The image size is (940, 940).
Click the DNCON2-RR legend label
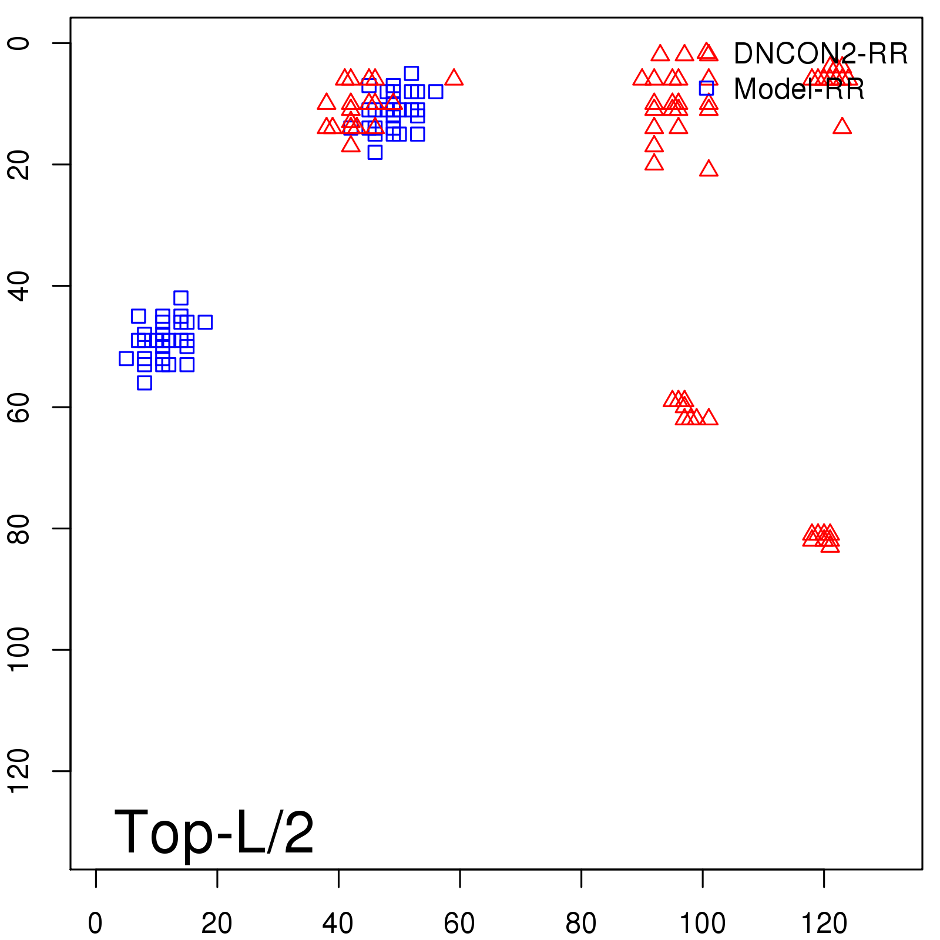[820, 54]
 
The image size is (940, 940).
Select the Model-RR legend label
[799, 89]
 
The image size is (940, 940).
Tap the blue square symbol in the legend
[706, 88]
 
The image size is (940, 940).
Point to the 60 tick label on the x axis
[459, 924]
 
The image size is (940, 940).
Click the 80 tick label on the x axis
[581, 924]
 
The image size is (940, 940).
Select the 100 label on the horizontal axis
[702, 924]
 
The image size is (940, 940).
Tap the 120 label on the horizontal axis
[824, 924]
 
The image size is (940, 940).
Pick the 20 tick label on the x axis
[217, 924]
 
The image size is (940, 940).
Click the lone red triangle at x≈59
[454, 78]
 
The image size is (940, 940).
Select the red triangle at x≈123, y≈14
[842, 126]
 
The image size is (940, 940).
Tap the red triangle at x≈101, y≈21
[709, 169]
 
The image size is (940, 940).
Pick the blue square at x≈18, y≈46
[204, 322]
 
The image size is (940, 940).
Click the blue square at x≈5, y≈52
[126, 358]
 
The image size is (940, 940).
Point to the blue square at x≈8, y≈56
[144, 383]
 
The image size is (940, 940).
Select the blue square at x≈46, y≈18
[375, 152]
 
